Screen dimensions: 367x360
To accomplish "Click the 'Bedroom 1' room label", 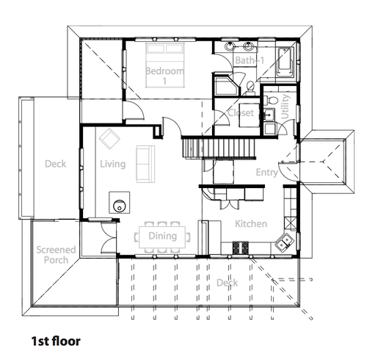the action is (x=164, y=76).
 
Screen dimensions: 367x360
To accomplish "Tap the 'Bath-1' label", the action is (x=250, y=60).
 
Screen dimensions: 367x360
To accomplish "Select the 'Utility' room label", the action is (x=285, y=107).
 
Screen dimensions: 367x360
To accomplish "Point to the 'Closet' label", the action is (x=241, y=113).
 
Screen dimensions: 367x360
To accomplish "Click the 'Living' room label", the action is (x=113, y=164).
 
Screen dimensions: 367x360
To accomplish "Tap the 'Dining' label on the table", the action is (x=163, y=236).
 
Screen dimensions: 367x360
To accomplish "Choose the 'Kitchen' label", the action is (x=251, y=224).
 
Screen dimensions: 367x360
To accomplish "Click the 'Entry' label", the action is (x=266, y=173).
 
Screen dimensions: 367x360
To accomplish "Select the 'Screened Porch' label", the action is (x=56, y=255).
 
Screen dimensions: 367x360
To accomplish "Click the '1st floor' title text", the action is (x=56, y=341).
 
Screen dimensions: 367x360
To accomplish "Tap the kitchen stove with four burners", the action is (x=240, y=248).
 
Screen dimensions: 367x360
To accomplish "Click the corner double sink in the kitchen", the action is (x=284, y=242).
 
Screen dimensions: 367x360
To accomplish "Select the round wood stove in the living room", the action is (x=120, y=206).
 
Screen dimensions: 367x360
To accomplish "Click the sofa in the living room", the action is (x=145, y=164).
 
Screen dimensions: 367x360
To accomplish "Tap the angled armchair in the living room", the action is (x=109, y=139).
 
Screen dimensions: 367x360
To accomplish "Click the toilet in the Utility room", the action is (x=271, y=100).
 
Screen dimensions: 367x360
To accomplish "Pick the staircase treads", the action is (x=219, y=148).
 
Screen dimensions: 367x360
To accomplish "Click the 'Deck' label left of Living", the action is (x=56, y=164).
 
